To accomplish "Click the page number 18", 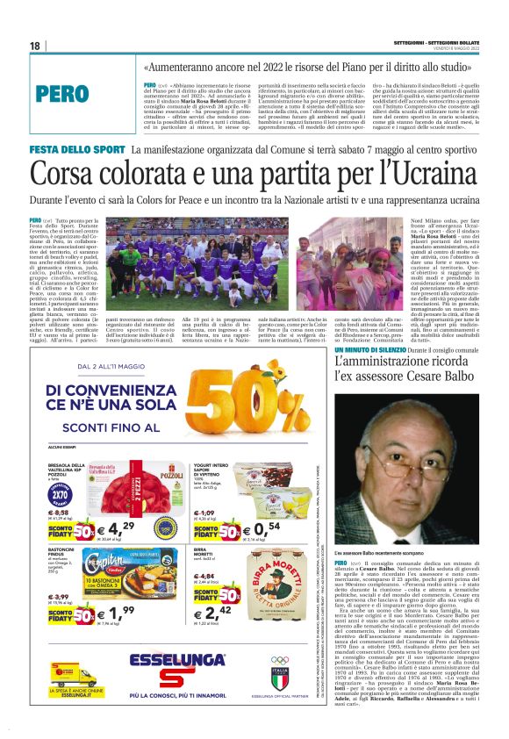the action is point(34,46).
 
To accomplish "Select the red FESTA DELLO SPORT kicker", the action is point(76,150).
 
